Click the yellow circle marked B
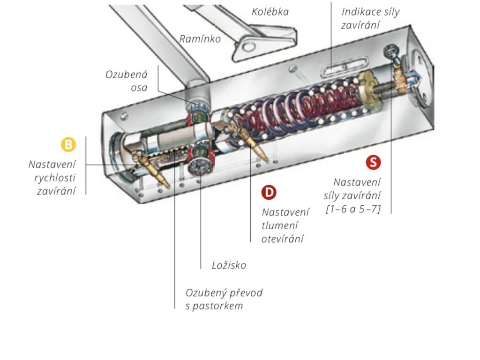click(68, 144)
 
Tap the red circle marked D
click(269, 193)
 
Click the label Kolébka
click(270, 12)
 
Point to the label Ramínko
click(200, 39)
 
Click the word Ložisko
click(229, 265)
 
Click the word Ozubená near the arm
click(127, 75)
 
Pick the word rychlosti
click(55, 178)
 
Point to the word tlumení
click(279, 225)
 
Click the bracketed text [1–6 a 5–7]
click(353, 209)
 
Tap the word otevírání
click(282, 239)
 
